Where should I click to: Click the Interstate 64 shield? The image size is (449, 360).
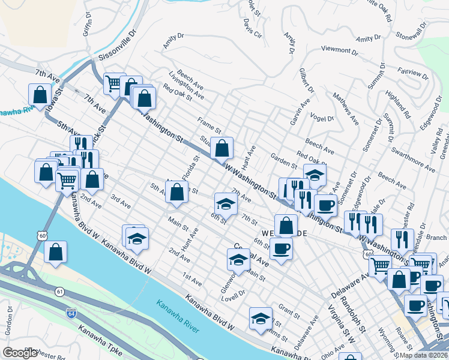[71, 313]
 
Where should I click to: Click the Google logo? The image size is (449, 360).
[20, 353]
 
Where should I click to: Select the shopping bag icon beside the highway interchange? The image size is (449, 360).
[55, 253]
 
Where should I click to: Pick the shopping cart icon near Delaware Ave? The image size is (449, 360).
[380, 265]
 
